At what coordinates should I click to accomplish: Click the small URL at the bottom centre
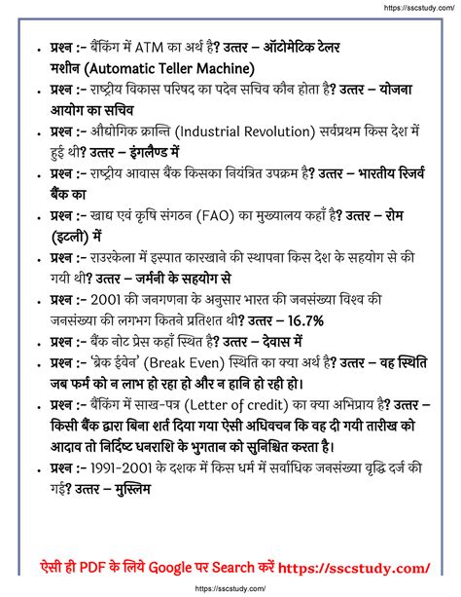[230, 588]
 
